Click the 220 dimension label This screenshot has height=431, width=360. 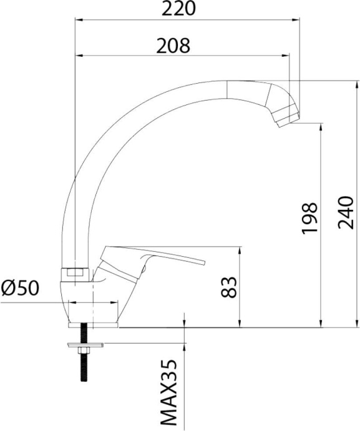tap(178, 9)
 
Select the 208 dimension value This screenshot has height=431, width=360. tap(173, 46)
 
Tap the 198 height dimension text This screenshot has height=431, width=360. tap(309, 219)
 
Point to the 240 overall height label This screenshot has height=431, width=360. tap(345, 212)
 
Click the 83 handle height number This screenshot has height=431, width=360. tap(228, 287)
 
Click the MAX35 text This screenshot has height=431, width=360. tap(168, 395)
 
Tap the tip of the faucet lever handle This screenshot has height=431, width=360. tap(204, 262)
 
